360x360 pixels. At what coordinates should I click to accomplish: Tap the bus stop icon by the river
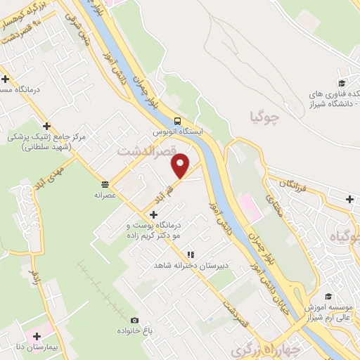[178, 120]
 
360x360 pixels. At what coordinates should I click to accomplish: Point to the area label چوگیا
[264, 116]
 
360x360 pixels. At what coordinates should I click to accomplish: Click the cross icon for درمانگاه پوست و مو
[154, 214]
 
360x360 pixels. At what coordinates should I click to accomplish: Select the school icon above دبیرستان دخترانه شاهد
[190, 254]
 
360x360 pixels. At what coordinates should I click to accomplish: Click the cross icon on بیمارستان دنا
[37, 336]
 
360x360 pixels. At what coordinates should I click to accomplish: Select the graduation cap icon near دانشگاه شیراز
[343, 75]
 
